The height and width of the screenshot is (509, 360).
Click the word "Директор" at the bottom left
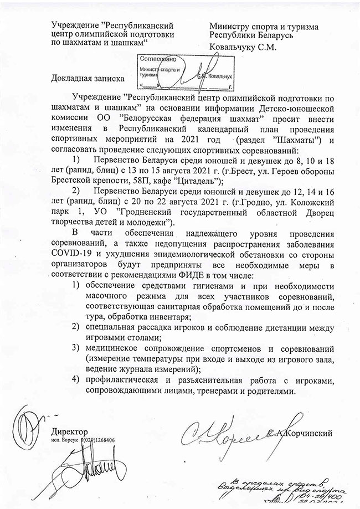point(69,431)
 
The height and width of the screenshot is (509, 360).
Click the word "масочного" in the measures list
point(106,296)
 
